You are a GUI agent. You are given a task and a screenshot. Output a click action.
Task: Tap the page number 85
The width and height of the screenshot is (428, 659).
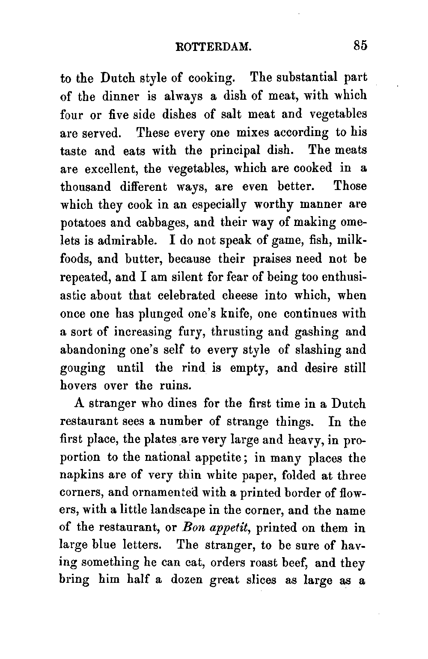click(360, 45)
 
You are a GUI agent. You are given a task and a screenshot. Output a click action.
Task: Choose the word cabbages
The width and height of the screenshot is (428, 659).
click(149, 223)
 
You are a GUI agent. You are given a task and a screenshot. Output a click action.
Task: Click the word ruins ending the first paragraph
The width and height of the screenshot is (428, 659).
click(174, 386)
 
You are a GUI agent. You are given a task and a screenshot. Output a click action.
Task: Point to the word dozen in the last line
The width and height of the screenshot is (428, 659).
click(187, 581)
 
